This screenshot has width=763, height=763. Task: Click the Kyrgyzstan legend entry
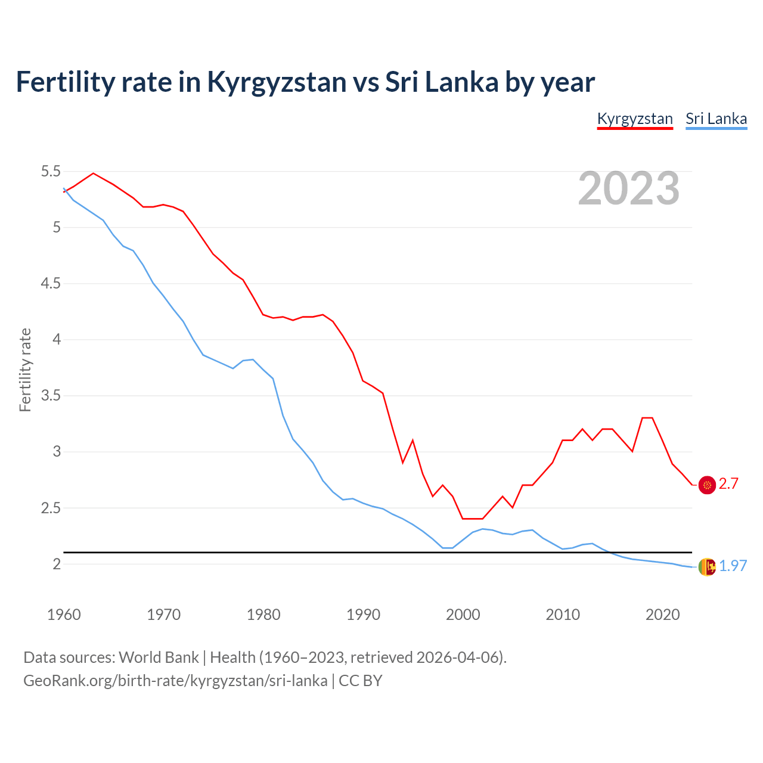point(635,119)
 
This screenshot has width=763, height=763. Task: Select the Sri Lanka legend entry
point(716,119)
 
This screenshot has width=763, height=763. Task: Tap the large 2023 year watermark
point(628,188)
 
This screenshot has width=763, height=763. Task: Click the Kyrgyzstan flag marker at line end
point(707,485)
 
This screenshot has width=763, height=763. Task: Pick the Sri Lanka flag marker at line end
point(707,566)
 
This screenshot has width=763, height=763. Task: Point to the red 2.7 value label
point(728,484)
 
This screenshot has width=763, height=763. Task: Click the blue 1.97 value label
point(733,566)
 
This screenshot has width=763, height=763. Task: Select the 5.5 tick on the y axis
point(51,172)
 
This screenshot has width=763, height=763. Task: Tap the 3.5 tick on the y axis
point(51,396)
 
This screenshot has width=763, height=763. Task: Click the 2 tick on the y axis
point(57,564)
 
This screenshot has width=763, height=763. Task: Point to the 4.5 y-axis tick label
point(51,284)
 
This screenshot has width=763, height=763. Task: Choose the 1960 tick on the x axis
point(64,615)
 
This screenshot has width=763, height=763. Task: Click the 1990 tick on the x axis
point(363,615)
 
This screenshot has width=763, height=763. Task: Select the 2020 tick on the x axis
point(662,615)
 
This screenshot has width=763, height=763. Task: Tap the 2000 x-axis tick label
point(463,615)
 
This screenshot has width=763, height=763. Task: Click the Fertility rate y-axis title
point(25,370)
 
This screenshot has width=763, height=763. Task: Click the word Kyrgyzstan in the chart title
point(277,82)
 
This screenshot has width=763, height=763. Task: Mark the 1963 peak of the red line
point(93,173)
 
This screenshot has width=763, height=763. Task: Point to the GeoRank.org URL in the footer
point(175,681)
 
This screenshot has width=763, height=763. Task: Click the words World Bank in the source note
point(159,657)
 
